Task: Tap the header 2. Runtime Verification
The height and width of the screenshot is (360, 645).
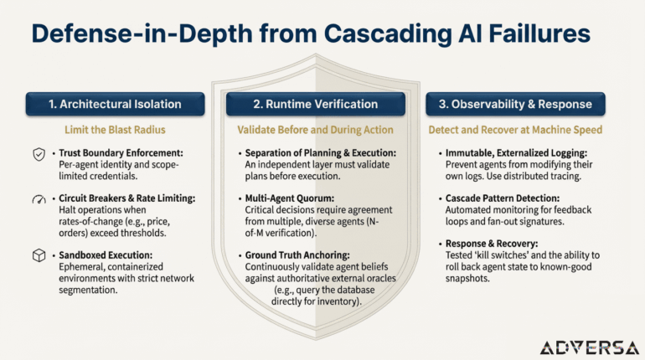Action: tap(316, 105)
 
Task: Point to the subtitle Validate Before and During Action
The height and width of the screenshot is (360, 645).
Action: tap(316, 131)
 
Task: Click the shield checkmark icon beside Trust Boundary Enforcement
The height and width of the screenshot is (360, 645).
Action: tap(39, 155)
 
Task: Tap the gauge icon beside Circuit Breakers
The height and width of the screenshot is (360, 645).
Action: tap(39, 199)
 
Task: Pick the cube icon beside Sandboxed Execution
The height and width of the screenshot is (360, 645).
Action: tap(39, 255)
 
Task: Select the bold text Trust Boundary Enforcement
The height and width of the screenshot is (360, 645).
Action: tap(123, 155)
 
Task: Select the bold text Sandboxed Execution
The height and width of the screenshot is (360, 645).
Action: tap(104, 255)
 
